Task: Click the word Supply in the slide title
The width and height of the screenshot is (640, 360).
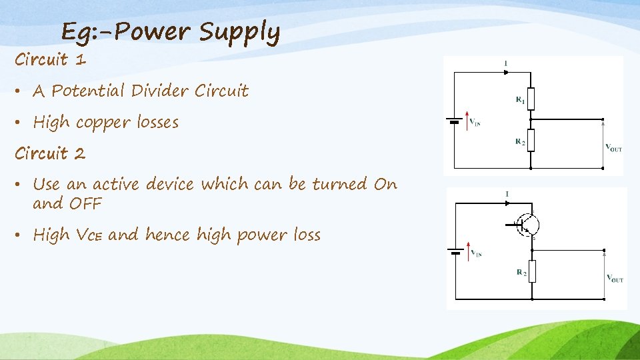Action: coord(239,32)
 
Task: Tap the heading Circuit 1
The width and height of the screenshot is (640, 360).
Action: coord(51,60)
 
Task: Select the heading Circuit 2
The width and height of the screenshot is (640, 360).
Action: coord(51,153)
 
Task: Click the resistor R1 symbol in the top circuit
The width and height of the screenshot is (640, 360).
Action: coord(531,99)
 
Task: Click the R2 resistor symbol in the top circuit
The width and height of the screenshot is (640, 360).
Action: coord(531,141)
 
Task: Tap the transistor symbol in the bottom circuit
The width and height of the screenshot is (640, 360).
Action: coord(527,224)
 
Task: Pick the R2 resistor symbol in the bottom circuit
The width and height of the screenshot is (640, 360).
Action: coord(532,271)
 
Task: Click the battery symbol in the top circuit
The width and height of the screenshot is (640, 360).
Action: coord(454,121)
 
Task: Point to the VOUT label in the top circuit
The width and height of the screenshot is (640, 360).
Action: coord(613,148)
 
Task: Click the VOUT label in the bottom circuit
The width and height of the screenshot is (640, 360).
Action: coord(614,278)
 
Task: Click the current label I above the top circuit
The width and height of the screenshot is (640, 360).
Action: coord(506,63)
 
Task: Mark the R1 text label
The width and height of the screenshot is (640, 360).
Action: coord(520,100)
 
